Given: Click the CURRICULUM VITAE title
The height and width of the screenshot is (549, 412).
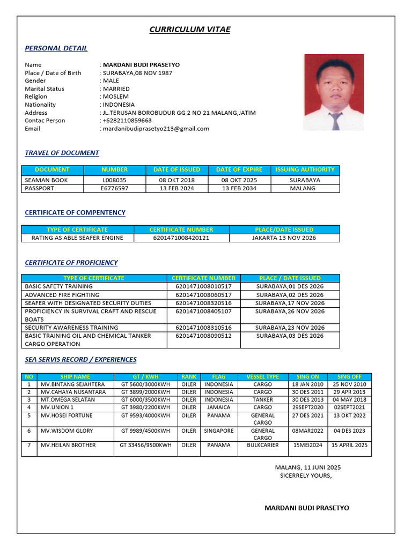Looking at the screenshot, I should click(x=189, y=29).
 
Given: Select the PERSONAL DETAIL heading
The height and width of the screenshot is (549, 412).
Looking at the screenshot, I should click(x=56, y=48).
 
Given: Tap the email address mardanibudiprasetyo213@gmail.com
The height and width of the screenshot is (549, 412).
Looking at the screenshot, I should click(x=156, y=129).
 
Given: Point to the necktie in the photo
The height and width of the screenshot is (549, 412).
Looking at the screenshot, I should click(x=335, y=121).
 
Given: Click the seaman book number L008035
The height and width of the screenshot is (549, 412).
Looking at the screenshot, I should click(x=114, y=180).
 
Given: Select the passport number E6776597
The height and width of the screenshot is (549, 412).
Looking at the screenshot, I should click(x=114, y=188).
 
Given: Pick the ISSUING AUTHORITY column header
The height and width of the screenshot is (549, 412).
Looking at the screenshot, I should click(x=305, y=169).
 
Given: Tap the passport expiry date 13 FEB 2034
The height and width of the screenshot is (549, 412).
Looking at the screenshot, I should click(x=239, y=188).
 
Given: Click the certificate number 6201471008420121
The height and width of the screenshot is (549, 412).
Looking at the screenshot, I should click(x=181, y=238).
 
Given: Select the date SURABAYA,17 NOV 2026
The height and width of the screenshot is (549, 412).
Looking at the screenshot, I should click(x=290, y=303).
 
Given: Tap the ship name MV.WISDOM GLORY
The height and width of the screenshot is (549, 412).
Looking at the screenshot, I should click(x=67, y=431).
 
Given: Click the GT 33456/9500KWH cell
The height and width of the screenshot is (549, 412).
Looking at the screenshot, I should click(x=145, y=445).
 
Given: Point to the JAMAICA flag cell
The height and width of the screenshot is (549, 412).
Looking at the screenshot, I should click(x=219, y=407).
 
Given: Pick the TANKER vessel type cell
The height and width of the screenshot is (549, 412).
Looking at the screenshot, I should click(x=263, y=399).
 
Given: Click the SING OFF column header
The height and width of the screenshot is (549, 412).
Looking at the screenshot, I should click(x=349, y=376).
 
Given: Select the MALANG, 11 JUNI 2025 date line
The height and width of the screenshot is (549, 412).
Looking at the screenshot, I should click(x=307, y=468).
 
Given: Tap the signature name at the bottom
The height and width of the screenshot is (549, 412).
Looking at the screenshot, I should click(x=306, y=508).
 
